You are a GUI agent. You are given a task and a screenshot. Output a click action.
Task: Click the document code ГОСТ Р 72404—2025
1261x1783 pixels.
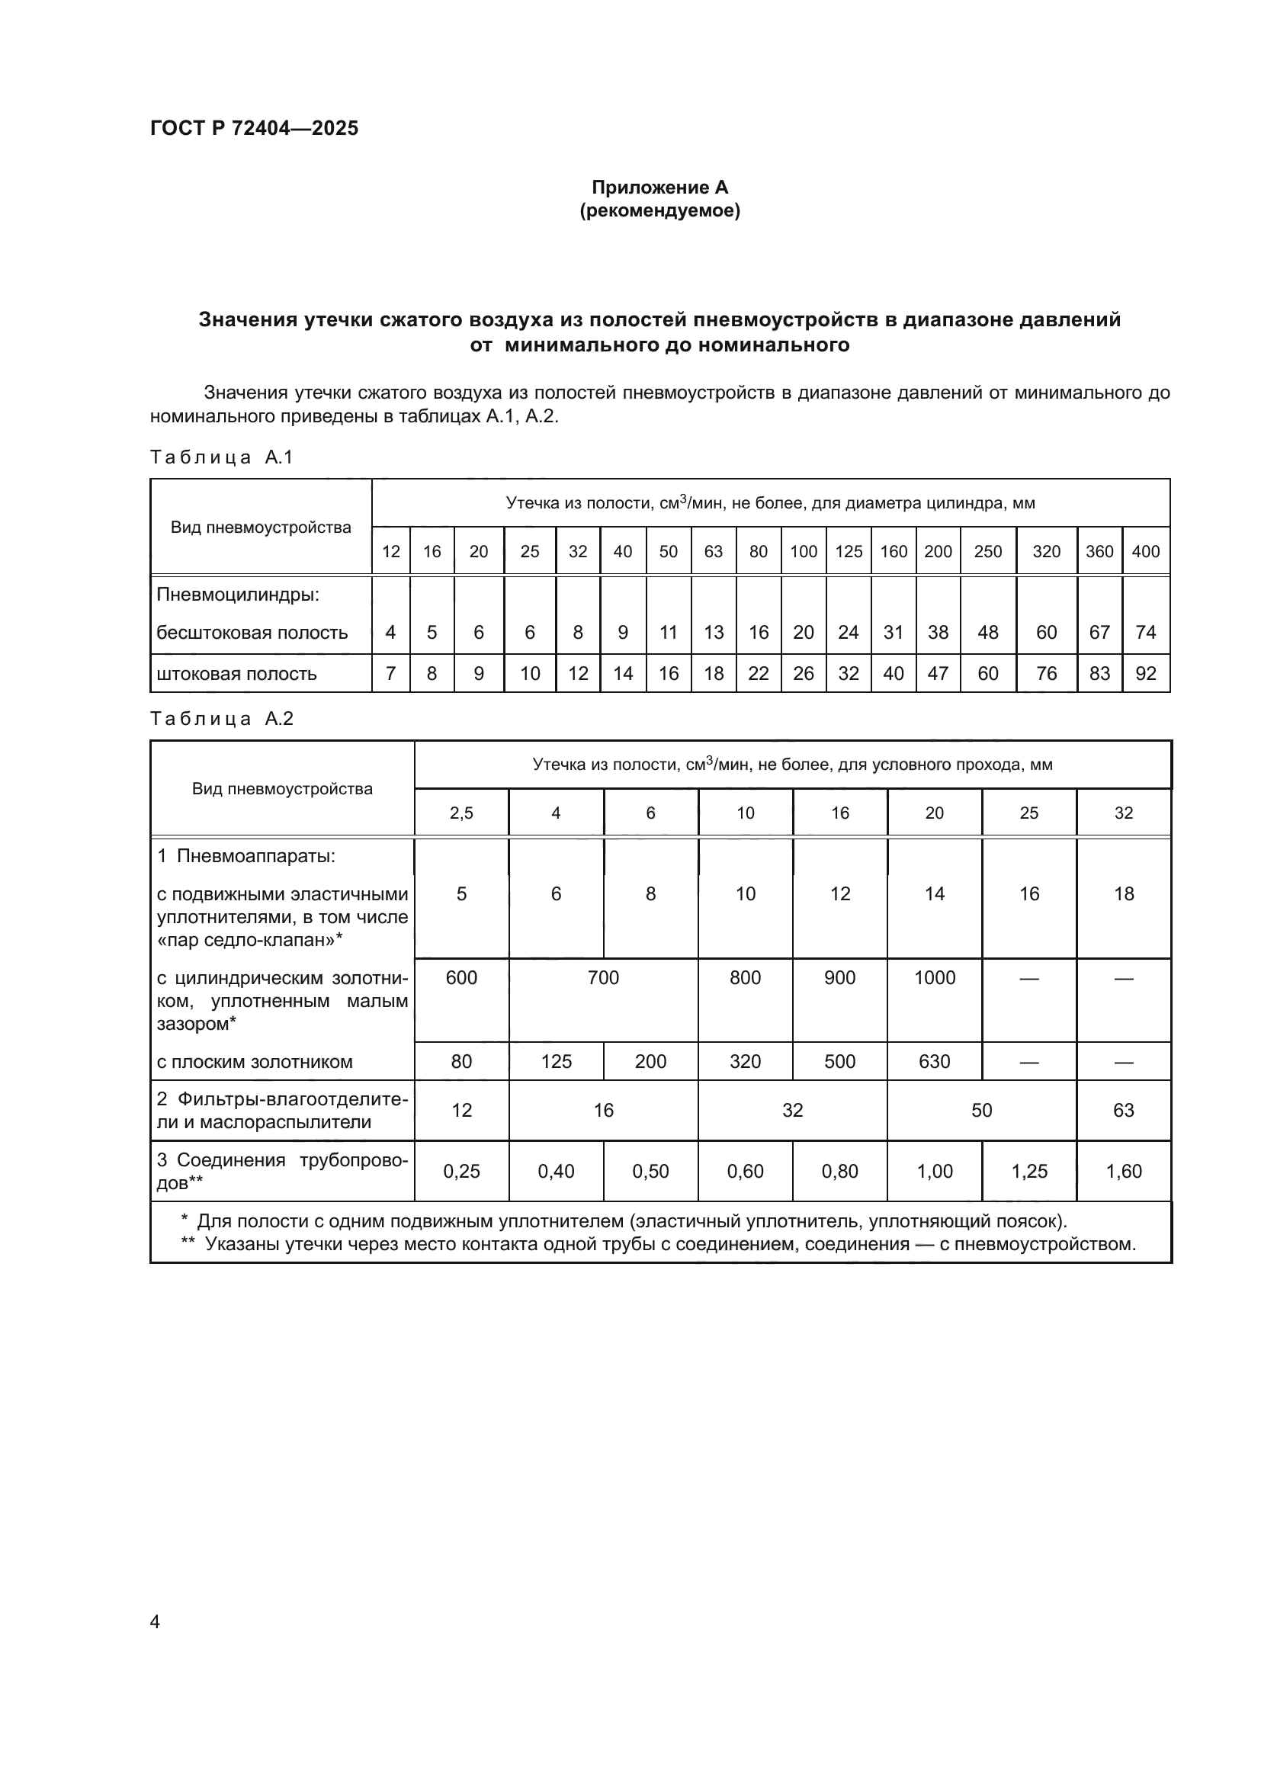click(254, 128)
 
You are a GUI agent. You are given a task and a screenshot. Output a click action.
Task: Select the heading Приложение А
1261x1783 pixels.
click(659, 188)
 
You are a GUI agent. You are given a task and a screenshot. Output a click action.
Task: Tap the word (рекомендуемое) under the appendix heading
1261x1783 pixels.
click(659, 210)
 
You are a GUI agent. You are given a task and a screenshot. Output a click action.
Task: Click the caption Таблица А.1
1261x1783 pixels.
click(221, 457)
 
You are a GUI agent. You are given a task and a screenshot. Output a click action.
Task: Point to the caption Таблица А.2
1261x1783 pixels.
click(221, 718)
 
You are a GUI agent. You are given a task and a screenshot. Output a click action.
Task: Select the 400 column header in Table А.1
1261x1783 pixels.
click(1145, 551)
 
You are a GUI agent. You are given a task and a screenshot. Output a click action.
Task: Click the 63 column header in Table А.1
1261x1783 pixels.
click(713, 551)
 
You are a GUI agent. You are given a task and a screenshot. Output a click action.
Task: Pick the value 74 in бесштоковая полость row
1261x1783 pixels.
click(1145, 632)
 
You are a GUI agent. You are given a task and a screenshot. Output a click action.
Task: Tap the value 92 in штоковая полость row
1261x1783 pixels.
click(1145, 673)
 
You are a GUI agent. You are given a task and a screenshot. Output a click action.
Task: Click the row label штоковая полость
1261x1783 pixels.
click(237, 673)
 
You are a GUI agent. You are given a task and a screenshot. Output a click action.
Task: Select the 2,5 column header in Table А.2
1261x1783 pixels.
click(461, 813)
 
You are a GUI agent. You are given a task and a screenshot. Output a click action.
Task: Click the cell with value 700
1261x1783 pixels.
click(603, 978)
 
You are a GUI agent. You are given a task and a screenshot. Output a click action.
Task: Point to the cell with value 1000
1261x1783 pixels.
click(934, 978)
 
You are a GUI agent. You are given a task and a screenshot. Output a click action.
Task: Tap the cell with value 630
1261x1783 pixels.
click(934, 1062)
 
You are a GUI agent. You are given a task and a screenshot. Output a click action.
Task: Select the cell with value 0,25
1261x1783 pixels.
click(461, 1171)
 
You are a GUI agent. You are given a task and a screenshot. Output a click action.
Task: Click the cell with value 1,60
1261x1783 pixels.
click(1124, 1171)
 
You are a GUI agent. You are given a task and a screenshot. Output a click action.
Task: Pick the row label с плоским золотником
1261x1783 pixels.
click(255, 1062)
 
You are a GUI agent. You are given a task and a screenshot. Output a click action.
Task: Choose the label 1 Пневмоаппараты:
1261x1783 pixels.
click(246, 857)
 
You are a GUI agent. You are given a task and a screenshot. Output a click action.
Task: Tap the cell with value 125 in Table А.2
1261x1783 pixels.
click(556, 1062)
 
